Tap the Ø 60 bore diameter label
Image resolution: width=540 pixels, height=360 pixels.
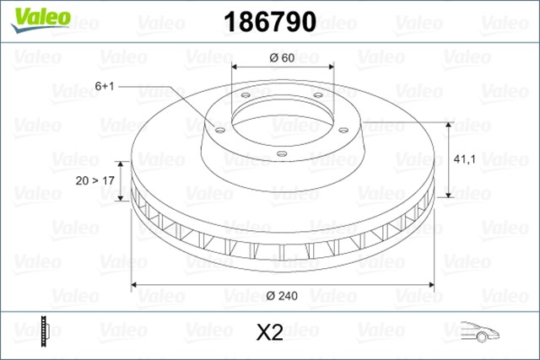click(x=282, y=57)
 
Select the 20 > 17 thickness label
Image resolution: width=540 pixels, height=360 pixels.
click(x=94, y=180)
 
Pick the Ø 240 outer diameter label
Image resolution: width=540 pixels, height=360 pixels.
click(x=283, y=294)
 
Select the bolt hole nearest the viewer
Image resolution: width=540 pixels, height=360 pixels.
click(x=282, y=153)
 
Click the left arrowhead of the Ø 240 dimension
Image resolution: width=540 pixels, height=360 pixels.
click(x=134, y=282)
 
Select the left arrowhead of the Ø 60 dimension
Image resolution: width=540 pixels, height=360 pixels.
click(x=235, y=67)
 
